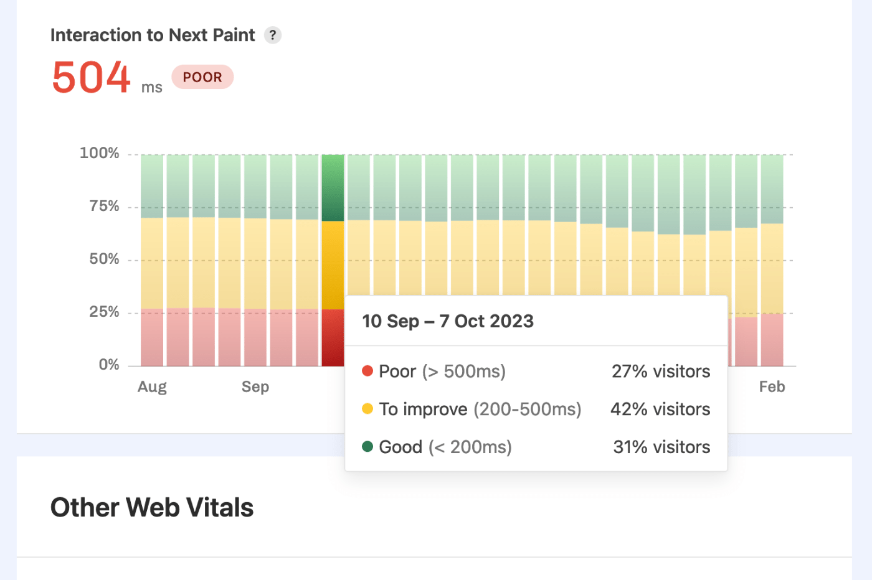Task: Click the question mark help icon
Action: [273, 35]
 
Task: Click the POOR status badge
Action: [202, 77]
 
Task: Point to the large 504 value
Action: [92, 78]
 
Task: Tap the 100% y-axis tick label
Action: [100, 153]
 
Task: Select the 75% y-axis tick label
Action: [104, 206]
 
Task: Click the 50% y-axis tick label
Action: [104, 259]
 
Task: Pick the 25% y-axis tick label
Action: [104, 312]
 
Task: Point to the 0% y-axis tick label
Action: [109, 365]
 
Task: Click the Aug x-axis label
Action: [152, 387]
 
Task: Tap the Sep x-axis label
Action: [255, 387]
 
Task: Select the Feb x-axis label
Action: [772, 387]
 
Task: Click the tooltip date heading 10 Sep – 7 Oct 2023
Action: [448, 321]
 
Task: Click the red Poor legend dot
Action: [367, 371]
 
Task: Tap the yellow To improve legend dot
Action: [367, 409]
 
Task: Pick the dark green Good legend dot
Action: [367, 446]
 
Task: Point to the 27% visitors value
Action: [661, 372]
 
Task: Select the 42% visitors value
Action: [660, 409]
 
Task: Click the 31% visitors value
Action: [661, 447]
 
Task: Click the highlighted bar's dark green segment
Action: [333, 187]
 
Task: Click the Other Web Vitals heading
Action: [152, 508]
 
